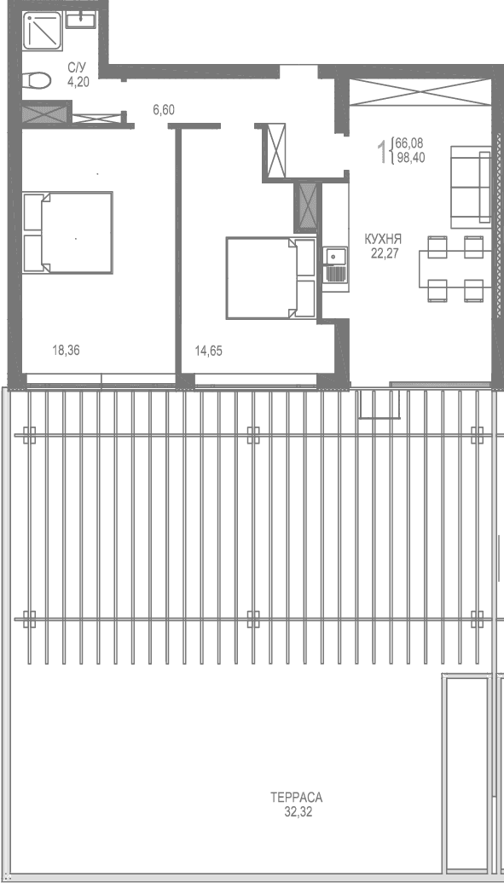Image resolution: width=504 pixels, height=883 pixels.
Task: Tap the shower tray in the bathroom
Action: tap(40, 32)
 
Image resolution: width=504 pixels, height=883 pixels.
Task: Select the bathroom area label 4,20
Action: tap(78, 84)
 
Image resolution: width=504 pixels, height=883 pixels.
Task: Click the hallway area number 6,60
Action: tap(163, 109)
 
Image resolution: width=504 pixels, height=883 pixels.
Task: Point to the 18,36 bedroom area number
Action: tap(66, 349)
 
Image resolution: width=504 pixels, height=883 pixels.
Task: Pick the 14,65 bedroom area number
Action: tap(208, 349)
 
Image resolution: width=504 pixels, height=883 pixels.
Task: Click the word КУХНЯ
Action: tap(382, 239)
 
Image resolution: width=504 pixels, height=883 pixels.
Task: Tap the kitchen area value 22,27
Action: tap(385, 252)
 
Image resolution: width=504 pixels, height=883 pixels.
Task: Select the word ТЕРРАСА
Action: tap(296, 798)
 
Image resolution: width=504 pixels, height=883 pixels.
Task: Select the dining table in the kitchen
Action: tap(451, 269)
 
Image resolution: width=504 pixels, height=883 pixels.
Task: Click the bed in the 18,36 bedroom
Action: tap(67, 233)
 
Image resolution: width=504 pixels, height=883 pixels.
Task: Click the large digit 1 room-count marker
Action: tap(381, 152)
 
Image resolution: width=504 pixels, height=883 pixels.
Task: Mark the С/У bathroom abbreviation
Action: tap(77, 68)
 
